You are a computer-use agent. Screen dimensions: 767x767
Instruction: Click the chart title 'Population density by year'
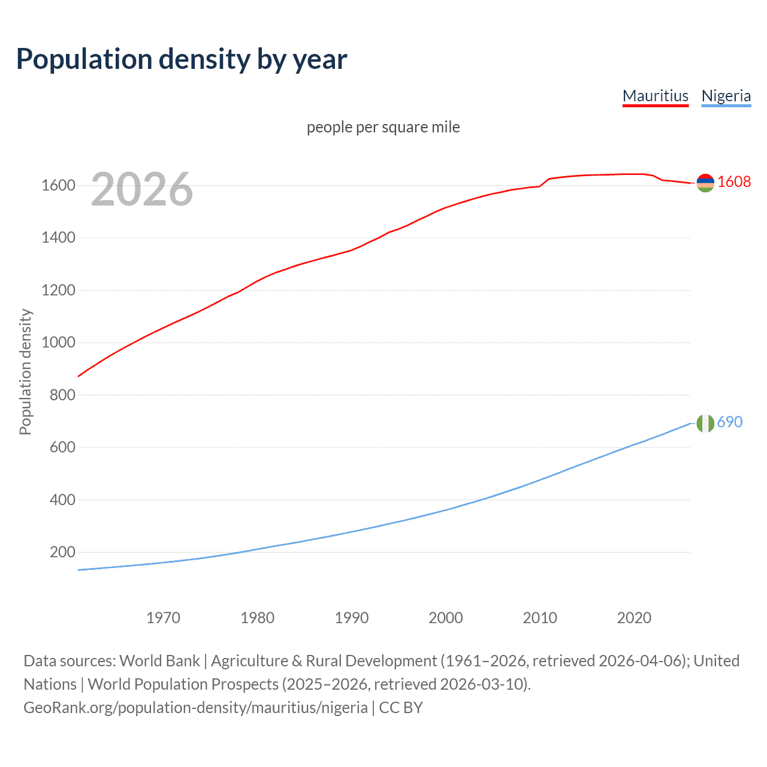pos(182,59)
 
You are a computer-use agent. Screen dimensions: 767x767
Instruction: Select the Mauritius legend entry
pos(656,96)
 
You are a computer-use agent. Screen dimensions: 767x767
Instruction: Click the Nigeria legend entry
pos(726,96)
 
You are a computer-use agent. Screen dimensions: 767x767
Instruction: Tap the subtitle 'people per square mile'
pos(383,127)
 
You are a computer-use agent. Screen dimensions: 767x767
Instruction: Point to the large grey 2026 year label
pos(142,189)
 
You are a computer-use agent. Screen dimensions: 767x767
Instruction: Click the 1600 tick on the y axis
pos(58,186)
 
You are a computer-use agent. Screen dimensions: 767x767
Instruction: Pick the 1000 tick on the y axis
pos(58,343)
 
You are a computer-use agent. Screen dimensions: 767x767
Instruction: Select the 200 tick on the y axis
pos(62,552)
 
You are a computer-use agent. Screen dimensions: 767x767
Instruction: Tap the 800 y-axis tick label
pos(62,395)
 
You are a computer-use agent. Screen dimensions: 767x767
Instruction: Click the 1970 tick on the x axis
pos(163,618)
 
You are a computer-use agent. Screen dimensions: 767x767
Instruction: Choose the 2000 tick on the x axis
pos(446,618)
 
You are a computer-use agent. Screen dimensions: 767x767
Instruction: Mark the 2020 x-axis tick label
pos(634,618)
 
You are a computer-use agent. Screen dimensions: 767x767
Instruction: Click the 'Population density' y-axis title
pos(25,372)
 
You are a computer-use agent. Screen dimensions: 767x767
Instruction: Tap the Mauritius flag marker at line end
pos(705,183)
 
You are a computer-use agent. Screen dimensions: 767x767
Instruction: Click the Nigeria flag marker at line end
pos(705,423)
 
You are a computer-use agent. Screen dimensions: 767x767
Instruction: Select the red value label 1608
pos(734,182)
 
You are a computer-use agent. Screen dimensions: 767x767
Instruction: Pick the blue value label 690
pos(730,422)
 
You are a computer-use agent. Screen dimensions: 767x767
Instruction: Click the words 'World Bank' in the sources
pos(159,661)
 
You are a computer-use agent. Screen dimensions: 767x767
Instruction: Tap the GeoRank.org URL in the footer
pos(195,708)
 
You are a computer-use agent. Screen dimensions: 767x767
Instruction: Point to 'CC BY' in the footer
pos(401,708)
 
